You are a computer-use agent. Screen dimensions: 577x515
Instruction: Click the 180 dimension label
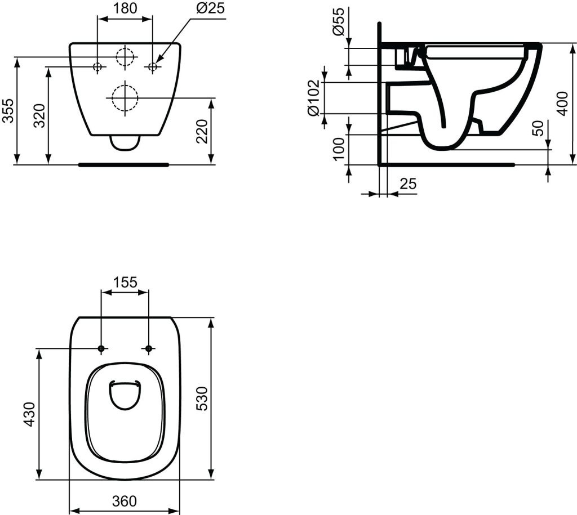point(125,8)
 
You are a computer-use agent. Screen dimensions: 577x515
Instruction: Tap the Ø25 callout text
point(210,8)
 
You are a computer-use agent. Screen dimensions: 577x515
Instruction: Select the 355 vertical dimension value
point(8,110)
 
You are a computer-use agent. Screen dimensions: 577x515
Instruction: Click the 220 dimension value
point(202,131)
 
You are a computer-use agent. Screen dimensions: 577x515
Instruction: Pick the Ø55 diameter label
point(339,22)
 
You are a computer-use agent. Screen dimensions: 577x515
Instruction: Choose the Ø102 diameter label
point(313,98)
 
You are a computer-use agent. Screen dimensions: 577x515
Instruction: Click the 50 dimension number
point(538,128)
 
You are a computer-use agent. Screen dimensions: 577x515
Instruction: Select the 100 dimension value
point(339,149)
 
